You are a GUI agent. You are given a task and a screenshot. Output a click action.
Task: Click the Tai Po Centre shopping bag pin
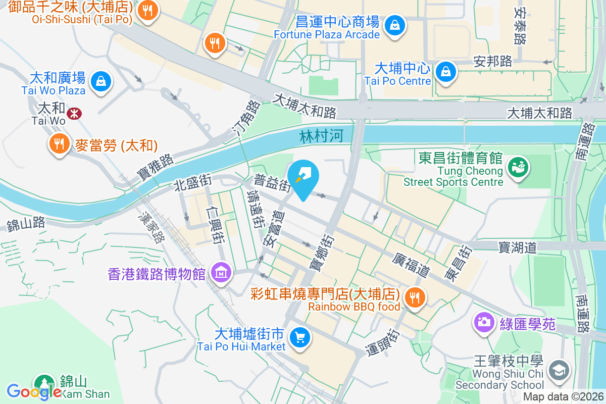pos(446,71)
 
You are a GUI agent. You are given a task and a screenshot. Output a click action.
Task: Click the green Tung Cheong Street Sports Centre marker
pos(517,166)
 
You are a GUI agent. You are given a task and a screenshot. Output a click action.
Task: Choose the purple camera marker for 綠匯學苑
pos(484,322)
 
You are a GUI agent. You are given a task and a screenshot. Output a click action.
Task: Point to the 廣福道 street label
pos(411,265)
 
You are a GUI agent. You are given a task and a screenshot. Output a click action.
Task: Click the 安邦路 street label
pos(493,61)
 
